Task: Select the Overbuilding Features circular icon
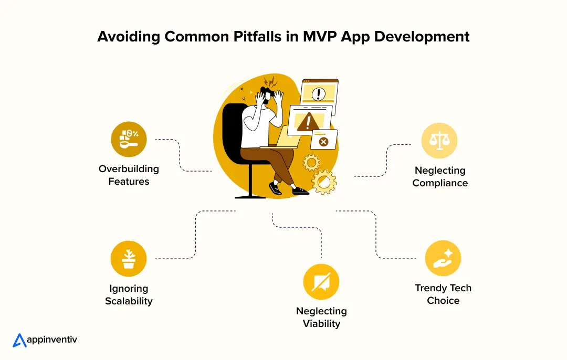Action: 129,140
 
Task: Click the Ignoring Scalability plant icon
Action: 129,259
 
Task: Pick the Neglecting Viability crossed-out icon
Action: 321,282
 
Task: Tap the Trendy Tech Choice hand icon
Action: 443,259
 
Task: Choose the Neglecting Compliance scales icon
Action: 440,141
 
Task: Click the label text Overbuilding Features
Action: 129,175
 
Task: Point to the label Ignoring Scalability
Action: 129,294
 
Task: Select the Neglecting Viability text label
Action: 321,317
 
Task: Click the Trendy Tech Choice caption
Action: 443,294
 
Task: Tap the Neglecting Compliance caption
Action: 440,177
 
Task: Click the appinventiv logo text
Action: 52,340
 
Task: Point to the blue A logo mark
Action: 19,340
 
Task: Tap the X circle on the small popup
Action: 323,142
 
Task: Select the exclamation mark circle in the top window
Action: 319,94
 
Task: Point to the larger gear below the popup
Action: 324,182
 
